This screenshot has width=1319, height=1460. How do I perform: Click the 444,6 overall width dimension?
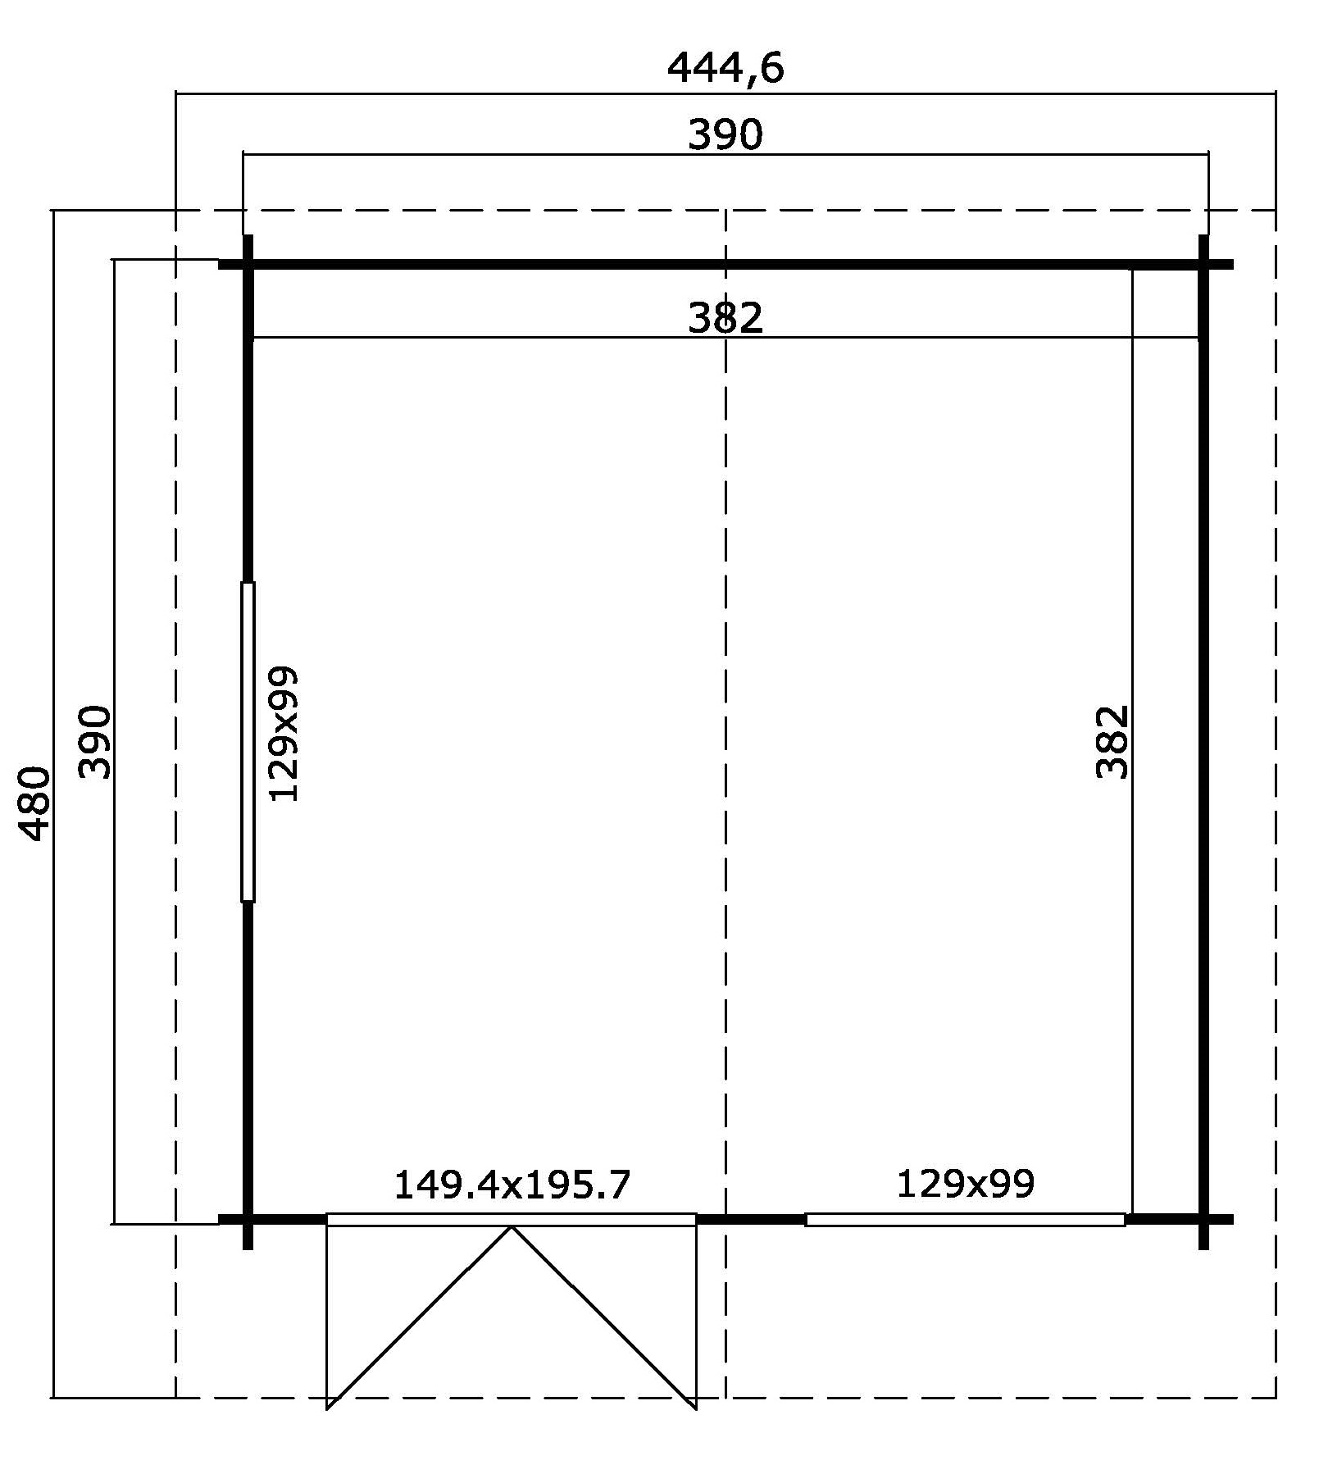(725, 68)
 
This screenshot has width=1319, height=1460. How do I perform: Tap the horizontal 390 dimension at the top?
(725, 135)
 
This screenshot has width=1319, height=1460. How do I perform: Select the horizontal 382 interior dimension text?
(725, 318)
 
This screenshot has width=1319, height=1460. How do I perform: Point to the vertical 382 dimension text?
(1112, 742)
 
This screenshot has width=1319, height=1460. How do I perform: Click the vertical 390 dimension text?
(95, 742)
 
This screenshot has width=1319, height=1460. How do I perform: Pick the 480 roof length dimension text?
(35, 804)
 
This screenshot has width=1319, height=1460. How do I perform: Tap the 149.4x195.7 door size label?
(512, 1185)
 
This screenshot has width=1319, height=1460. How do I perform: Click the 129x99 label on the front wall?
(966, 1184)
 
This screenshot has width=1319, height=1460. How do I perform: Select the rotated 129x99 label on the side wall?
(284, 734)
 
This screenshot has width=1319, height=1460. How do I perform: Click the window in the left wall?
(248, 742)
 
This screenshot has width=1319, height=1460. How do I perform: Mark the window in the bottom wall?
(965, 1220)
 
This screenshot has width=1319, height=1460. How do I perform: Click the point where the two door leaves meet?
(512, 1226)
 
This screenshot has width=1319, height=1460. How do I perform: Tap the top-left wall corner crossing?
(248, 265)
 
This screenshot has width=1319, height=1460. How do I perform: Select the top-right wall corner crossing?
(1203, 265)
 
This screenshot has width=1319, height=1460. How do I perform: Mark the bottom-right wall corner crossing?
(1203, 1219)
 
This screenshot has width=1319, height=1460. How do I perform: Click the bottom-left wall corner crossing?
(248, 1219)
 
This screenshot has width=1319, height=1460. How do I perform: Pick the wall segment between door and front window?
(751, 1219)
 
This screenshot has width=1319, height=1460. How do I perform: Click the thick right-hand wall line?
(1203, 742)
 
